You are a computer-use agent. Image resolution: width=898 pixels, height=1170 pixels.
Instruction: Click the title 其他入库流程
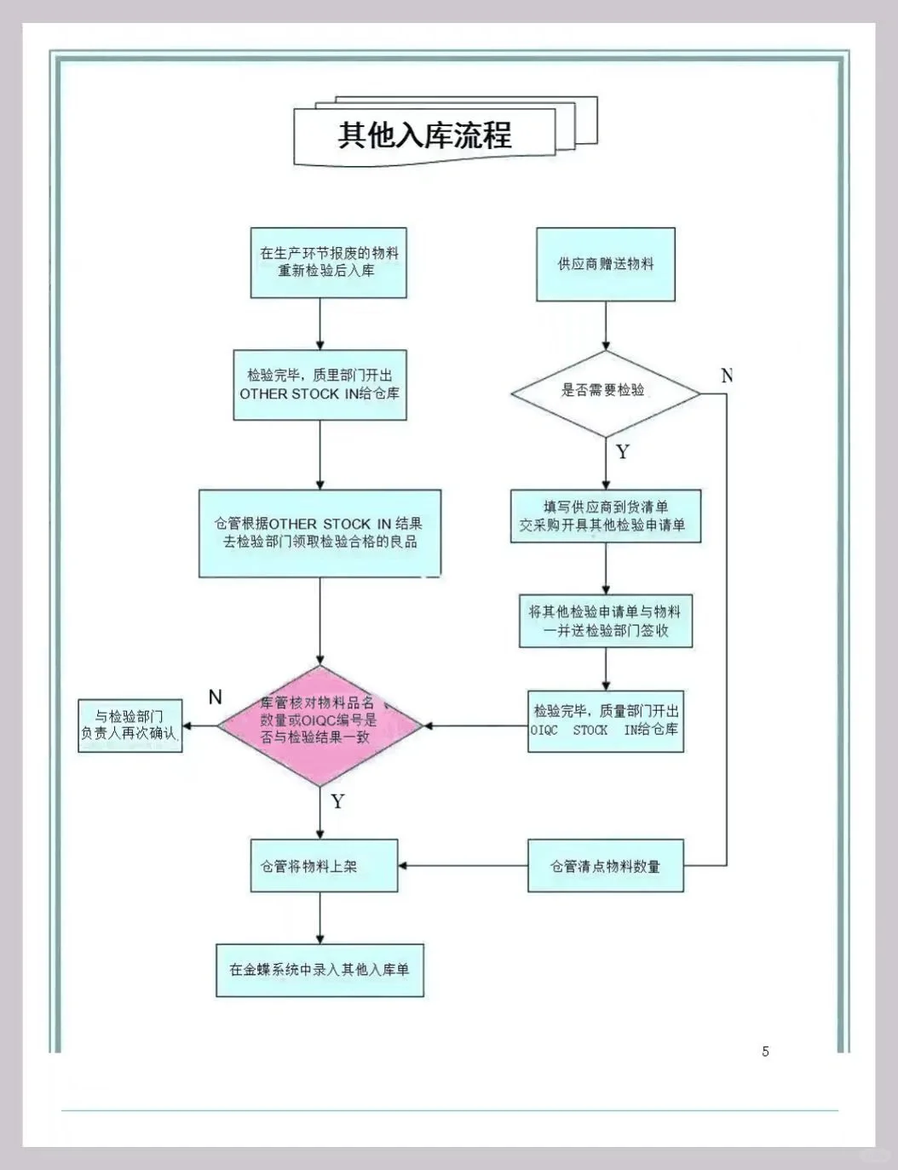click(x=424, y=135)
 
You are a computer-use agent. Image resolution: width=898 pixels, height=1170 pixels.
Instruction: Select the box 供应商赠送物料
click(x=605, y=264)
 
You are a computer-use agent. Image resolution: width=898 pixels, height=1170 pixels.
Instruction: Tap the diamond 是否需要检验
click(x=605, y=392)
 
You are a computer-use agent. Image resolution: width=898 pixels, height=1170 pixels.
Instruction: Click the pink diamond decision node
click(x=319, y=726)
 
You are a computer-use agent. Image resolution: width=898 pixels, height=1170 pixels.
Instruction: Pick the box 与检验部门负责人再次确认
click(x=130, y=726)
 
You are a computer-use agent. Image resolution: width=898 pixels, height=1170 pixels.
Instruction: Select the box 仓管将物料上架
click(x=324, y=866)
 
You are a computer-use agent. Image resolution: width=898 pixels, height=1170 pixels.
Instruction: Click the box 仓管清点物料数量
click(x=605, y=866)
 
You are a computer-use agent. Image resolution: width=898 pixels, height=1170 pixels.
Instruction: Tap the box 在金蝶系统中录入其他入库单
click(x=319, y=970)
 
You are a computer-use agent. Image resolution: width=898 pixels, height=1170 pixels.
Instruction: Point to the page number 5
click(x=765, y=1052)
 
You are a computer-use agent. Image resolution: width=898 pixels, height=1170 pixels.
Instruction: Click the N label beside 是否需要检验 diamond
click(x=727, y=376)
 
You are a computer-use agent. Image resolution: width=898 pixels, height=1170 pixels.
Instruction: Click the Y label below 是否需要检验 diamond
click(x=623, y=452)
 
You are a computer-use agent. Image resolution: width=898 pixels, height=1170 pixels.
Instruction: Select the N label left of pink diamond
click(x=216, y=697)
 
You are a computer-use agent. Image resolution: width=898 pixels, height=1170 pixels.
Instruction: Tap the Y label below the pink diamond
click(x=337, y=801)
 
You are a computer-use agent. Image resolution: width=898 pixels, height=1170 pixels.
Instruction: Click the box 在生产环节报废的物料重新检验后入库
click(x=328, y=262)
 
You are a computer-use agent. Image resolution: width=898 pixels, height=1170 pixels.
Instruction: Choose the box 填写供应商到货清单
click(x=605, y=516)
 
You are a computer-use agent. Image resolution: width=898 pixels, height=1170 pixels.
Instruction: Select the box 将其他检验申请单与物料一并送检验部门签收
click(x=605, y=621)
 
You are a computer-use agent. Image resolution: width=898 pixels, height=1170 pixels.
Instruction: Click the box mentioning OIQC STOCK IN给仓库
click(x=605, y=720)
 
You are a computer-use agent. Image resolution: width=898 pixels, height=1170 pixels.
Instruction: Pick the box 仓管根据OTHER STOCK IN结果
click(x=319, y=533)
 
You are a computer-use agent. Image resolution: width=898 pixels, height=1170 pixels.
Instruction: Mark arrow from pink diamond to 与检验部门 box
click(x=200, y=726)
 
